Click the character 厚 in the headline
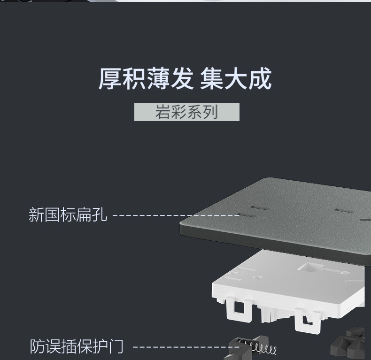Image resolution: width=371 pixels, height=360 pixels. [110, 79]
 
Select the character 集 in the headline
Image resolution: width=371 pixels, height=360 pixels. [212, 79]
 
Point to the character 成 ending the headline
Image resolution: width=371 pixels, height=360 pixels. [260, 79]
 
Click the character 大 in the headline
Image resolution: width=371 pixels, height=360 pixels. [236, 79]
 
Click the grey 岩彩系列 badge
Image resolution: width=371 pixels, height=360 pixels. [186, 112]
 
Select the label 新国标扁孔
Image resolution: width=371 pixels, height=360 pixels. [68, 215]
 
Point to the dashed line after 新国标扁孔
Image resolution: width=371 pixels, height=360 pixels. [176, 215]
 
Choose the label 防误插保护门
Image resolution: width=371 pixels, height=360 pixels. [77, 346]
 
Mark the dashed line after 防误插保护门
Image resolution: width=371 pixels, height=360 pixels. [185, 347]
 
